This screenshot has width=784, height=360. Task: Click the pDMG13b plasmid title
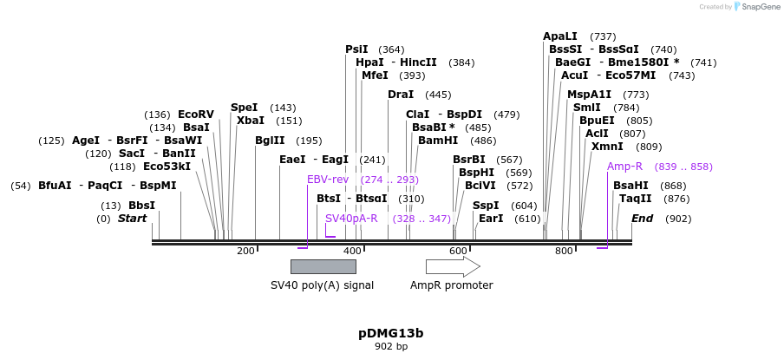[391, 333]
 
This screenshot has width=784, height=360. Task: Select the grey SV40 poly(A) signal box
[323, 266]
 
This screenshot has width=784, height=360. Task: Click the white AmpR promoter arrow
[452, 266]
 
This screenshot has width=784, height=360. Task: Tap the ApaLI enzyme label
[559, 36]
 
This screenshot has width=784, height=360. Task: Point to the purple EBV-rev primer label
[328, 180]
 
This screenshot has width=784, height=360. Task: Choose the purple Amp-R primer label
[624, 167]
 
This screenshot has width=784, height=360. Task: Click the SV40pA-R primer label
[351, 219]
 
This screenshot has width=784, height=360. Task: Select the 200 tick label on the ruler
[245, 251]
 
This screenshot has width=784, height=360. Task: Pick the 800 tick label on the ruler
[564, 251]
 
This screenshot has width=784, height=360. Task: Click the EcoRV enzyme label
[195, 115]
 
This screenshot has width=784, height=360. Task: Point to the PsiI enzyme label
[356, 49]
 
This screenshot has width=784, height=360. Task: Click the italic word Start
[132, 219]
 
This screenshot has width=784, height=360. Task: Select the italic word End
[642, 219]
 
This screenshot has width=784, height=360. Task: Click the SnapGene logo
[756, 7]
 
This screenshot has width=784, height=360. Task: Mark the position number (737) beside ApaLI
[603, 36]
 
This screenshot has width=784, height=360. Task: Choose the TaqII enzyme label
[635, 199]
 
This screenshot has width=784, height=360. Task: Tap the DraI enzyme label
[401, 95]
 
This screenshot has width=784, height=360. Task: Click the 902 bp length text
[391, 347]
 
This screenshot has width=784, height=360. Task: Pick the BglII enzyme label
[270, 141]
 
